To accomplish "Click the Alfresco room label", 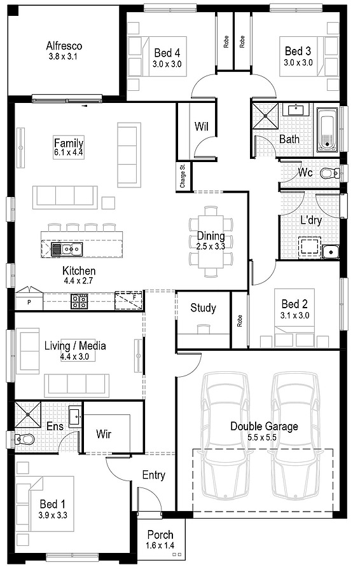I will click(64, 46).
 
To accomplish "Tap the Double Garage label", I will click(264, 426).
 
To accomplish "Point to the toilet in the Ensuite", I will click(26, 438).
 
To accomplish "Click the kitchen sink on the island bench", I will click(64, 247).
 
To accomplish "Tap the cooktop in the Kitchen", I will click(79, 301).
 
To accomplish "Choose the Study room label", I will click(204, 308).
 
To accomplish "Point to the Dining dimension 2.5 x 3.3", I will click(211, 246).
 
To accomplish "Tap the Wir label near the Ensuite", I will click(104, 434).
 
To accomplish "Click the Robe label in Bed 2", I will click(240, 322).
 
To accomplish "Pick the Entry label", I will click(153, 475).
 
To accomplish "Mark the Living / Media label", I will click(75, 346).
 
